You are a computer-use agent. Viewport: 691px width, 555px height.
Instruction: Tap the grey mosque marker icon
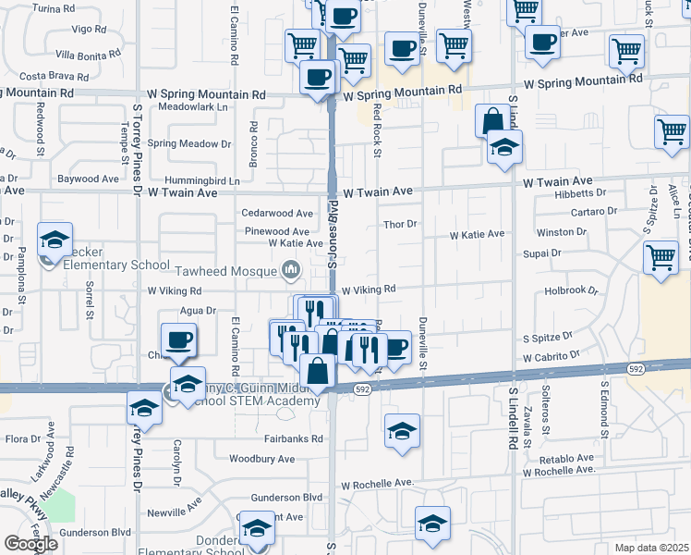pyautogui.click(x=292, y=270)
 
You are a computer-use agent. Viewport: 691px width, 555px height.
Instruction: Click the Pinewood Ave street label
pyautogui.click(x=275, y=231)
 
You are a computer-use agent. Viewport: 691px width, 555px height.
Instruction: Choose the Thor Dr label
pyautogui.click(x=401, y=224)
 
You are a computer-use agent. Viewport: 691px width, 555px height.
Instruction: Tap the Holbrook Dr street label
pyautogui.click(x=572, y=290)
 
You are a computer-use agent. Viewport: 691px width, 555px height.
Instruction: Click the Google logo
pyautogui.click(x=30, y=544)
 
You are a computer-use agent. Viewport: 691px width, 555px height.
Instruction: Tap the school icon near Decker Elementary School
pyautogui.click(x=55, y=240)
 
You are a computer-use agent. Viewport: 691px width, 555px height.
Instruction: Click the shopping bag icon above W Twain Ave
pyautogui.click(x=493, y=120)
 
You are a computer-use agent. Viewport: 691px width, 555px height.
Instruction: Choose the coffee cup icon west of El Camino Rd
pyautogui.click(x=177, y=339)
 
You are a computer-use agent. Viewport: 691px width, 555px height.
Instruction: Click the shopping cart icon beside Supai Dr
pyautogui.click(x=660, y=257)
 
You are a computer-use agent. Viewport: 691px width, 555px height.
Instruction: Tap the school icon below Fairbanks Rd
pyautogui.click(x=401, y=431)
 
